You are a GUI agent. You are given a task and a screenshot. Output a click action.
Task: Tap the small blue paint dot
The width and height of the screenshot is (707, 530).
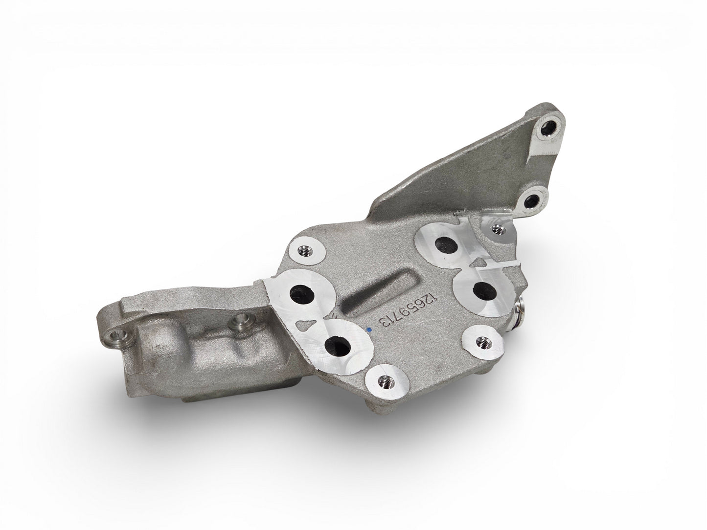point(369,329)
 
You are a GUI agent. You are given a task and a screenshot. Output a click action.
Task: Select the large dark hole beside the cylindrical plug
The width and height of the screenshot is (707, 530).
point(484,290)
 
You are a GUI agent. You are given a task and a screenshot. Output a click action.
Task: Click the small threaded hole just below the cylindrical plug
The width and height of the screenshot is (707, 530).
point(483,342)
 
